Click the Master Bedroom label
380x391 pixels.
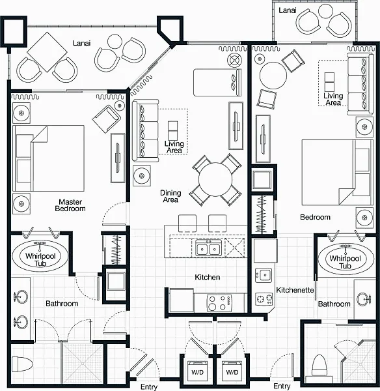click(x=70, y=205)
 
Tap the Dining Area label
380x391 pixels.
click(x=170, y=196)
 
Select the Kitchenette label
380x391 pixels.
click(x=295, y=290)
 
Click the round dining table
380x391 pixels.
click(x=215, y=179)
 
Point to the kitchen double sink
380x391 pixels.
click(x=208, y=248)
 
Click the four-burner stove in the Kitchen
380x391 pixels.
click(x=219, y=303)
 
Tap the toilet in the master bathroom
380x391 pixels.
click(x=22, y=364)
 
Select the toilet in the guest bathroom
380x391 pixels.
click(x=319, y=365)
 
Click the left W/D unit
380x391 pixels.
click(x=197, y=372)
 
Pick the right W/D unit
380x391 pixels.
click(x=232, y=372)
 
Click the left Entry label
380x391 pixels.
click(x=149, y=386)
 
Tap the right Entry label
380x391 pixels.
click(x=282, y=386)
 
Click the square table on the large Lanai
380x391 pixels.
click(x=47, y=52)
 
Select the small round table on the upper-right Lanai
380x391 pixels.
click(x=326, y=11)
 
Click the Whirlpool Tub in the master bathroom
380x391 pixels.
click(x=40, y=256)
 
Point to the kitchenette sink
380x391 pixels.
click(x=264, y=275)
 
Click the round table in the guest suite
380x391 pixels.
click(x=273, y=76)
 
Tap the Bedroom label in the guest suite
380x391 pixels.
click(x=315, y=217)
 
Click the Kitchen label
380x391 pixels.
click(x=208, y=277)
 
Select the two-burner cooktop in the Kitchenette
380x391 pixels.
click(x=264, y=299)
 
